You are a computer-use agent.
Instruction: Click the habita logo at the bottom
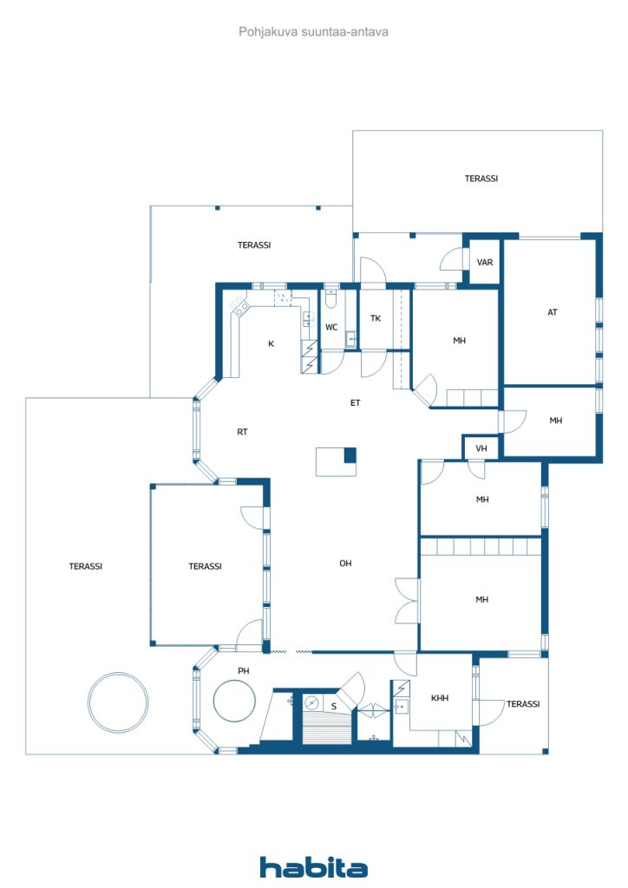[313, 867]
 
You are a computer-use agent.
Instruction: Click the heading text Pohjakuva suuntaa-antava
[313, 32]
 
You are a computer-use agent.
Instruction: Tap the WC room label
[331, 327]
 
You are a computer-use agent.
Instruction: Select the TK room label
[376, 318]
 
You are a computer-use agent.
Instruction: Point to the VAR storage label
[485, 262]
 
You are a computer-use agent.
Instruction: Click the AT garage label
[553, 312]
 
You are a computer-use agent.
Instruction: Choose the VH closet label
[481, 448]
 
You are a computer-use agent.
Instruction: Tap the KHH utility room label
[440, 698]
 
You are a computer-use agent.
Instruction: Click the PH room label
[244, 670]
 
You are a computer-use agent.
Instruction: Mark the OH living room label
[345, 564]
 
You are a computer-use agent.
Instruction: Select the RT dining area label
[242, 432]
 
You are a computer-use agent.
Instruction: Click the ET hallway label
[355, 402]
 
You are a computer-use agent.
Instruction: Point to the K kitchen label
[271, 343]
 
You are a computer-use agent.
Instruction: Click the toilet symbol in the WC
[331, 298]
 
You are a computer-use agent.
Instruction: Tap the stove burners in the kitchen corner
[239, 306]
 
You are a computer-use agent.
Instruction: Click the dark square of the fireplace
[350, 454]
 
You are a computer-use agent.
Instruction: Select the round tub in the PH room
[234, 701]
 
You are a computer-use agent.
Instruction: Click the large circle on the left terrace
[118, 702]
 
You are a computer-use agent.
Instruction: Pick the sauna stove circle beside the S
[311, 702]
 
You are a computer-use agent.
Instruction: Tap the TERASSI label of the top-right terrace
[481, 179]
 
